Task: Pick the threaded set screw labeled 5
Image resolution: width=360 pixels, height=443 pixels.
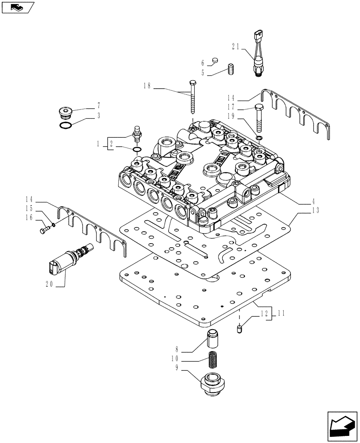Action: click(x=231, y=70)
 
